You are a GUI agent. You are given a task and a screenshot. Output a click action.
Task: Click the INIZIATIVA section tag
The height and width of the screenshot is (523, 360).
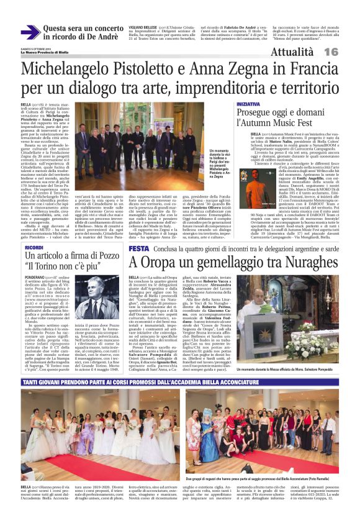coord(248,104)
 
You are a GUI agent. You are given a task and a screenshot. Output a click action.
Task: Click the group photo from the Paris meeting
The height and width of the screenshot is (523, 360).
coord(143,143)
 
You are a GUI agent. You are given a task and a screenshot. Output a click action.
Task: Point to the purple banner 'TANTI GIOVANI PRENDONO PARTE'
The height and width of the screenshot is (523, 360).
coord(180,366)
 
